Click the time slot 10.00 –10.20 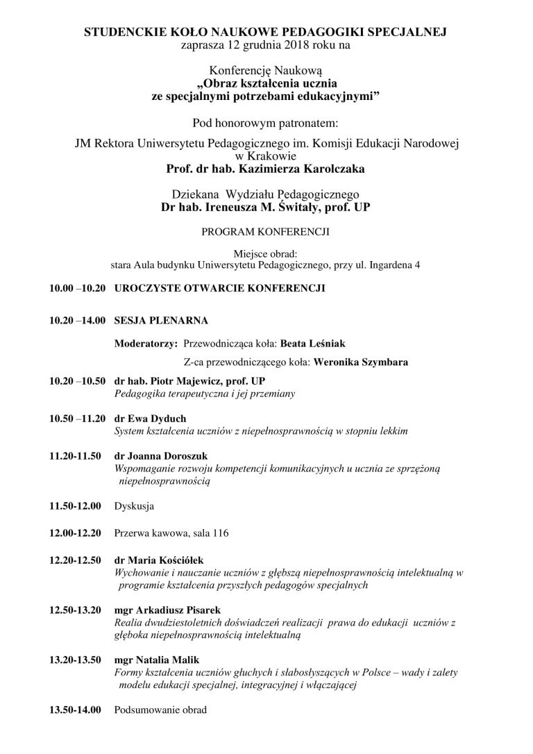pyautogui.click(x=76, y=287)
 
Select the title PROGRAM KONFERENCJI pyautogui.click(x=266, y=228)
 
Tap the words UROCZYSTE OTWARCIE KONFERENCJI pyautogui.click(x=220, y=287)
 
